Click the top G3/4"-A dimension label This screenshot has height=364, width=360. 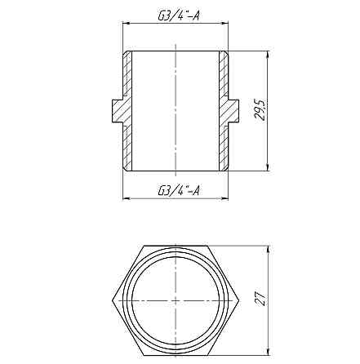click(176, 16)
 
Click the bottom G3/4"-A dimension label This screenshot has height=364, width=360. click(177, 190)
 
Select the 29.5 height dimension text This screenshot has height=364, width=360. click(260, 111)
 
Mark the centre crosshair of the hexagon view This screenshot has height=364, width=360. click(176, 301)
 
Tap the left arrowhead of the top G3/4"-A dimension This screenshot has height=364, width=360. click(126, 24)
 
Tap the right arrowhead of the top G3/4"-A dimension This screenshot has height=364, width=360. click(226, 24)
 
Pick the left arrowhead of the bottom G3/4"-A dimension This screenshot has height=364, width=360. click(126, 198)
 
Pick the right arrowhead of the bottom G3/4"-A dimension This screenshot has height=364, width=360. click(226, 198)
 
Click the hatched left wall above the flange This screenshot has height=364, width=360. click(127, 73)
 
